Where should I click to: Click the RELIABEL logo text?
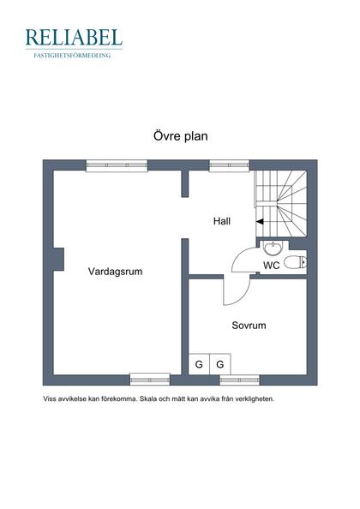click(x=73, y=37)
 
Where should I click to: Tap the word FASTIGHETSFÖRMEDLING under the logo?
click(x=73, y=55)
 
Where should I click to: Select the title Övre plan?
click(x=180, y=136)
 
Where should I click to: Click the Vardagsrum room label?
click(x=115, y=272)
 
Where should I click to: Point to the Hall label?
click(x=222, y=221)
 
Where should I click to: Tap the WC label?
click(x=271, y=266)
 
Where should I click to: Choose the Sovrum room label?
click(x=249, y=326)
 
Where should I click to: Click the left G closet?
click(x=199, y=364)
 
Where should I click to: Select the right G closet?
click(x=219, y=364)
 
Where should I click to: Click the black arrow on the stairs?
click(x=260, y=221)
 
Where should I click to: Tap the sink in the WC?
click(x=272, y=249)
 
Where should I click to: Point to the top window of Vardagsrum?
click(x=111, y=166)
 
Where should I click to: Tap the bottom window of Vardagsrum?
click(x=149, y=379)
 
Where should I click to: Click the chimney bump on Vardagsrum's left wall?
click(x=57, y=258)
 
